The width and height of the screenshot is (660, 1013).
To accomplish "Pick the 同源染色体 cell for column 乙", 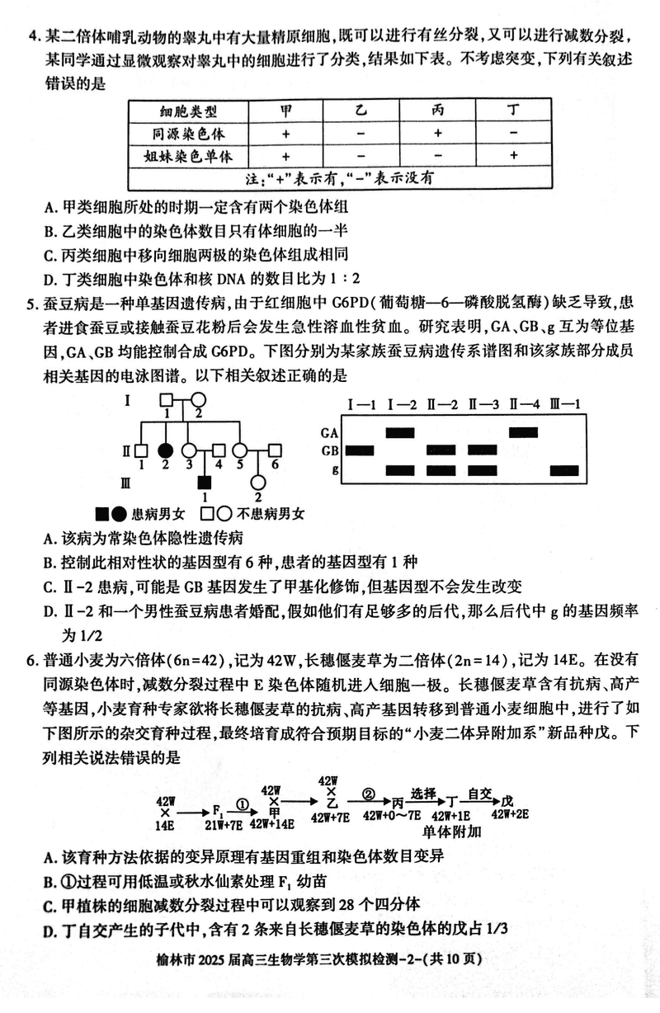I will point(361,133).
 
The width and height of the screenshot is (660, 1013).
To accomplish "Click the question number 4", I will point(32,36).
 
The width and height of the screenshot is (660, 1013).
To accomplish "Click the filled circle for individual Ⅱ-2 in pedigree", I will point(166,450).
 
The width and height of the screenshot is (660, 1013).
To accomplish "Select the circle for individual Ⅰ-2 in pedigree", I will point(199,401).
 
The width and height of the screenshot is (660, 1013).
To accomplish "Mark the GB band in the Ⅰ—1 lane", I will point(360,450).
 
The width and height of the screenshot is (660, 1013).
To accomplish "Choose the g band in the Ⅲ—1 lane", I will point(565,470).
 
